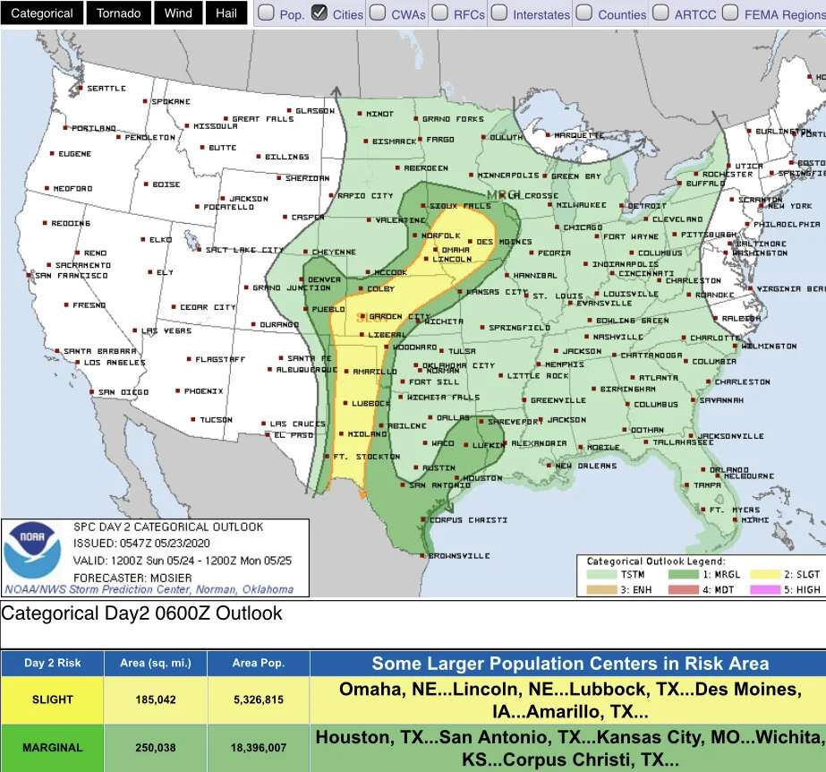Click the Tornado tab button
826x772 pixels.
point(119,13)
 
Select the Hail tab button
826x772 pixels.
point(226,13)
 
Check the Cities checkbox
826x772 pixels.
point(319,13)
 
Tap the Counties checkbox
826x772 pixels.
point(583,13)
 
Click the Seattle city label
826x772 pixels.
point(106,89)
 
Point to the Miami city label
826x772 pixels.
point(754,519)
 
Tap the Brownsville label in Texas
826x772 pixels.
point(459,556)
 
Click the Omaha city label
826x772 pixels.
point(456,250)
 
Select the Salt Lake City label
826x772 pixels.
point(244,251)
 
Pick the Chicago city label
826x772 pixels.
point(583,227)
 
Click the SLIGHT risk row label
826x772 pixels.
point(52,699)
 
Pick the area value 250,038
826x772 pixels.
point(157,747)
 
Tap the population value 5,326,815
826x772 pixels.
point(259,699)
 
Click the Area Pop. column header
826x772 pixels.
point(259,664)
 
